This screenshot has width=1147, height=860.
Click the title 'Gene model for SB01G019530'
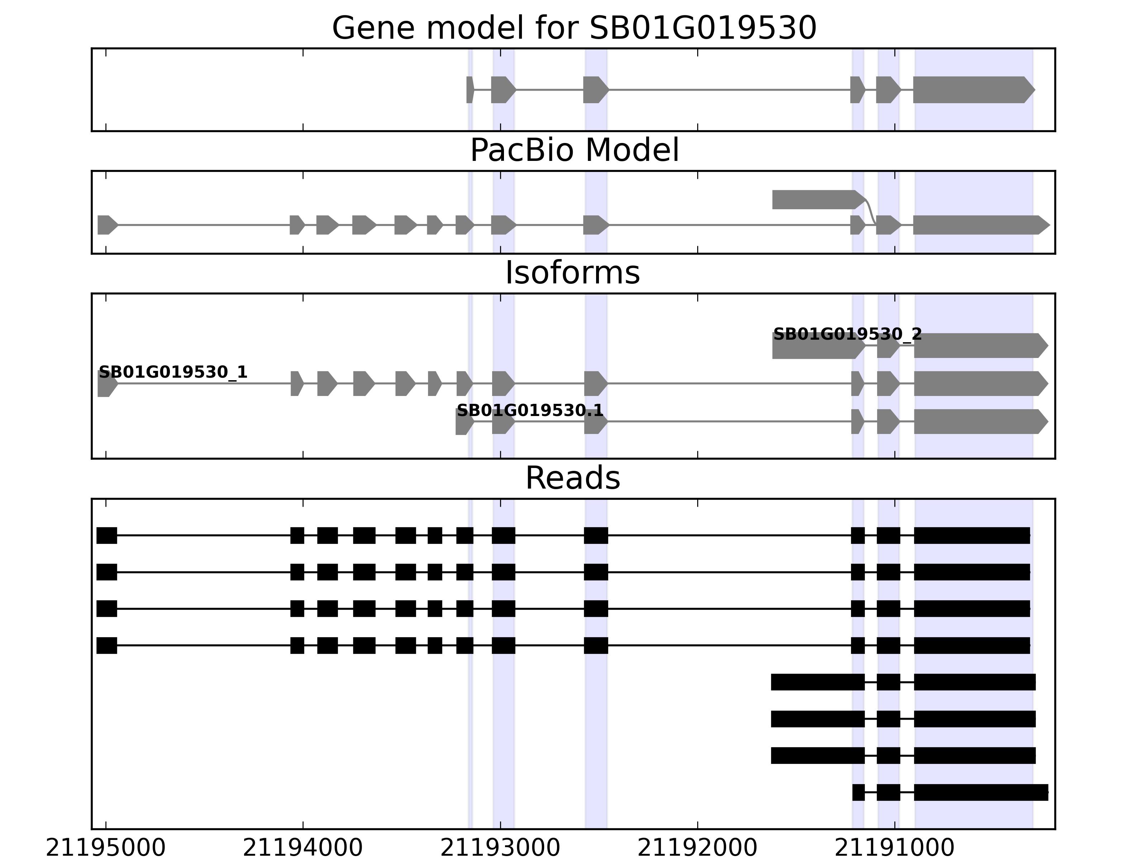(x=574, y=28)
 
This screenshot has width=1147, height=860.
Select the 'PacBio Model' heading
(x=574, y=150)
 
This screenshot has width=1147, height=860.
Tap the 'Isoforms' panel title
(x=572, y=273)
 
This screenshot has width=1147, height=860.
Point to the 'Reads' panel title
(x=572, y=478)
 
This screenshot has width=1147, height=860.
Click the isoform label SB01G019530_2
(x=847, y=334)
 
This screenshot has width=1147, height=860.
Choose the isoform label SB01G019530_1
(x=173, y=372)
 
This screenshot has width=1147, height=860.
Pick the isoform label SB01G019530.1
(x=529, y=411)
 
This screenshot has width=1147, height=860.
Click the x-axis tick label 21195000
(x=105, y=849)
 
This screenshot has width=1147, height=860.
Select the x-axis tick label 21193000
(x=500, y=849)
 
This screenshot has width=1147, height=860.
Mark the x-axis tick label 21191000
(x=894, y=849)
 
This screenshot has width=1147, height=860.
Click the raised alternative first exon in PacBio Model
(x=814, y=200)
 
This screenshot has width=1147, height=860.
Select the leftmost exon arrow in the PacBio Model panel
(x=106, y=225)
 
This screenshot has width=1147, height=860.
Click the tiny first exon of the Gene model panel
(x=469, y=90)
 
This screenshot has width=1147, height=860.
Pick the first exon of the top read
(x=107, y=535)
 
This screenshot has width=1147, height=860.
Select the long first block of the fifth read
(x=817, y=682)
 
